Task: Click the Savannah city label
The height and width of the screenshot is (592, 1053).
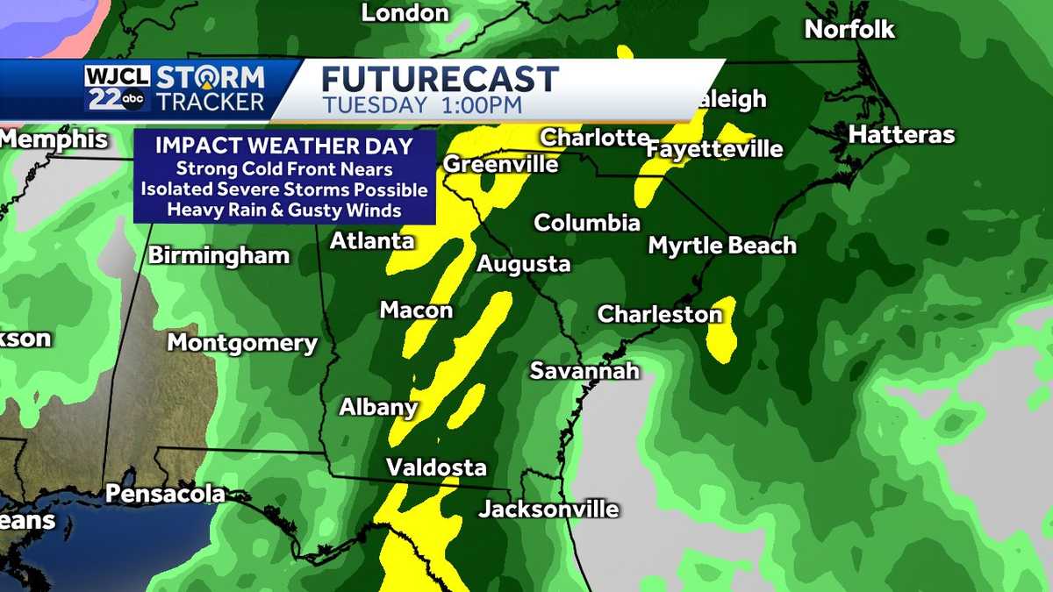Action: tap(584, 371)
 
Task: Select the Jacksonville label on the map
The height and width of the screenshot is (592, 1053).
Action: tap(548, 510)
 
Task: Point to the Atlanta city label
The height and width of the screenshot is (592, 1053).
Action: tap(372, 240)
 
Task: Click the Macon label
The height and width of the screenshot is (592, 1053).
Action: tap(416, 310)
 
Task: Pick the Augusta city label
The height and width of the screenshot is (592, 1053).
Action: tap(524, 264)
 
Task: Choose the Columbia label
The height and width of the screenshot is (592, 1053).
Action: tap(587, 223)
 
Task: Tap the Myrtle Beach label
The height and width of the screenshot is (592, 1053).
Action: tap(722, 246)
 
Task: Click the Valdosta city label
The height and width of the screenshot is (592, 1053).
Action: tap(436, 467)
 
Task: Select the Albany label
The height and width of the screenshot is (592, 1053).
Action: tap(378, 407)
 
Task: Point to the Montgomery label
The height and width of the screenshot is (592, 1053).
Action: tap(242, 343)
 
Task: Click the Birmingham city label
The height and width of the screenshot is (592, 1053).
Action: tap(218, 256)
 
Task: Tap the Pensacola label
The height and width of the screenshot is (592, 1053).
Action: tap(165, 495)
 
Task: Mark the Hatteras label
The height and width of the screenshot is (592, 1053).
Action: tap(901, 135)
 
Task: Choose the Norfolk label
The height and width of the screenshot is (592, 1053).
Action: tap(849, 29)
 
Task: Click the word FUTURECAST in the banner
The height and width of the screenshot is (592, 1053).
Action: tap(440, 79)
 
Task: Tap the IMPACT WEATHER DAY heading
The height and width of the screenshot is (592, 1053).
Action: tap(284, 146)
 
